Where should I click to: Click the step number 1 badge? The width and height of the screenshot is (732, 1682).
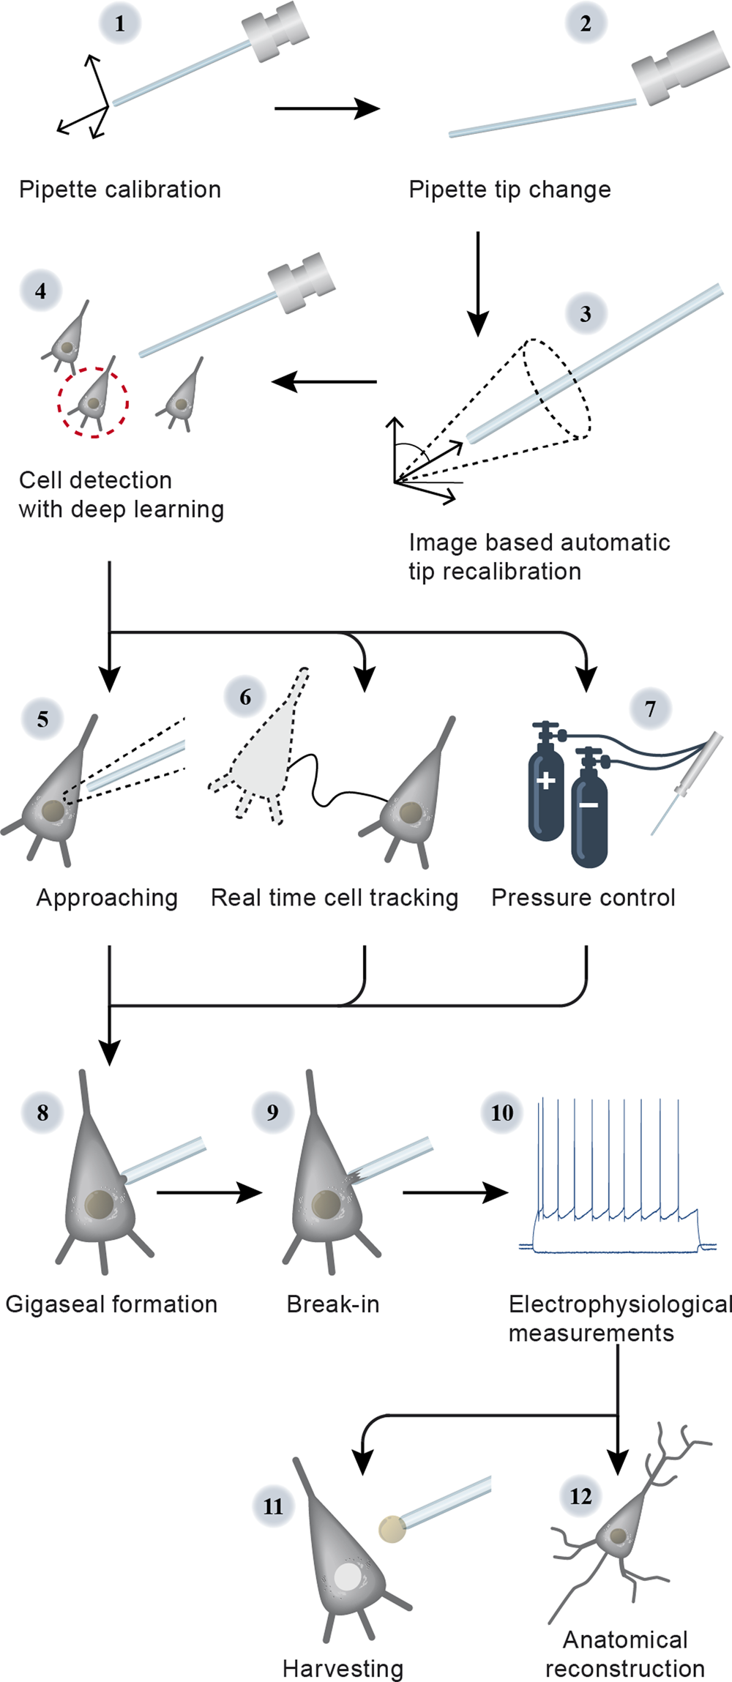(x=119, y=23)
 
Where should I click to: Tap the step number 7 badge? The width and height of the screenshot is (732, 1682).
(x=650, y=709)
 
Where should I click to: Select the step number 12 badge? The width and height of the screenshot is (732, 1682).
(x=580, y=1496)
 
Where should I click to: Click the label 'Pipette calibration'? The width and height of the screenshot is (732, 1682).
(x=120, y=190)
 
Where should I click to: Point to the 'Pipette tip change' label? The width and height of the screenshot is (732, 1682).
(x=509, y=190)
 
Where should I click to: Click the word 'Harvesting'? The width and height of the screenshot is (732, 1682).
(x=343, y=1668)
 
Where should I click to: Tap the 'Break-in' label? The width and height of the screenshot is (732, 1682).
(x=333, y=1304)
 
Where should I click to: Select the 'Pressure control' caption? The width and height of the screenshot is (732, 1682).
(x=583, y=897)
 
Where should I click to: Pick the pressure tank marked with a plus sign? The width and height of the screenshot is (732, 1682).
(x=546, y=787)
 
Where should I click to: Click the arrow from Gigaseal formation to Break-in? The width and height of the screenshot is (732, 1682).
(x=209, y=1192)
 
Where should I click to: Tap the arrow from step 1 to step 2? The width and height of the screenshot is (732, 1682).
(x=326, y=108)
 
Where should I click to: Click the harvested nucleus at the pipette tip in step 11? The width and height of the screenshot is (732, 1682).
(x=392, y=1528)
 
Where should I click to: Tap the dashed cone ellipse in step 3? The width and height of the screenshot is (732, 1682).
(x=558, y=388)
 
